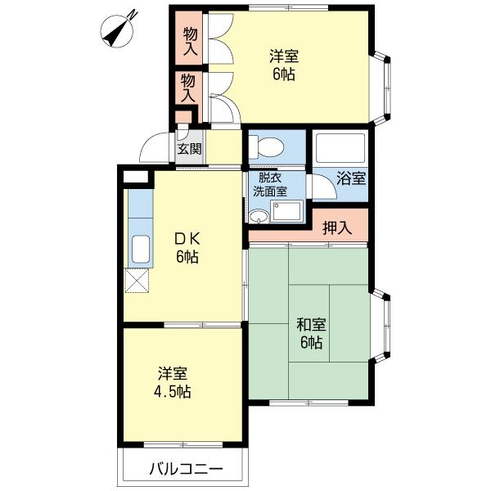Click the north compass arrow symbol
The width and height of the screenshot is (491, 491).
120,30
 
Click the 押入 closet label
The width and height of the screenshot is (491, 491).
336,228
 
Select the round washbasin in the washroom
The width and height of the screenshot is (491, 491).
259,216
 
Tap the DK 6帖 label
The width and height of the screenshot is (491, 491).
187,248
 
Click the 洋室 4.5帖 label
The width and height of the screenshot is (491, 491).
174,382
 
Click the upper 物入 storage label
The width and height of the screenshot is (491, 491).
190,40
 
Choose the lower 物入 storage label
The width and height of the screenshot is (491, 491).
188,88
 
